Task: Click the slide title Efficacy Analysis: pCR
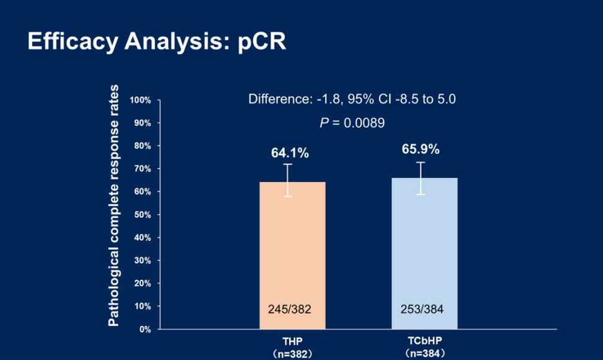(x=156, y=42)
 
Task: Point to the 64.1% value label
(x=290, y=153)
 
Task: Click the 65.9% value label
(x=421, y=149)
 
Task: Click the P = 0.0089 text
(x=352, y=123)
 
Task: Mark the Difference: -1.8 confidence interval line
(x=352, y=99)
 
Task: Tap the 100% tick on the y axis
(x=140, y=100)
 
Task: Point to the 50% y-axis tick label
(x=142, y=215)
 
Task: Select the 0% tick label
(x=145, y=329)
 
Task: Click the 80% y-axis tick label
(x=142, y=146)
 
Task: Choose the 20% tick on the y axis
(x=142, y=283)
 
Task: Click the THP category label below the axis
(x=292, y=341)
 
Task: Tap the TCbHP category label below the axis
(x=424, y=341)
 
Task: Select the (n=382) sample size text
(x=292, y=353)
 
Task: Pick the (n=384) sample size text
(x=424, y=353)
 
